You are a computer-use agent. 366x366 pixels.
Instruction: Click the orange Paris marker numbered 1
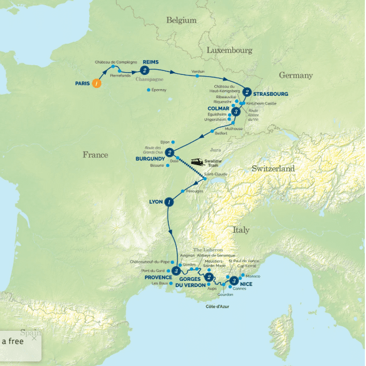[97, 83]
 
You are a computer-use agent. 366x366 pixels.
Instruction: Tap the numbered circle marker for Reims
[144, 70]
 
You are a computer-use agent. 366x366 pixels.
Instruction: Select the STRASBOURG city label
[271, 94]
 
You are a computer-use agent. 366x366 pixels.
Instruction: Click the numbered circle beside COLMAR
[236, 112]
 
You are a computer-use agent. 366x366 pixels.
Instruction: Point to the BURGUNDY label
[150, 159]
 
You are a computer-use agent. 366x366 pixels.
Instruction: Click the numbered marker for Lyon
[169, 202]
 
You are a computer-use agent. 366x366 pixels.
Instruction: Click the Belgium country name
[181, 20]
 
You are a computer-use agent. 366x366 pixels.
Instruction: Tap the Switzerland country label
[273, 169]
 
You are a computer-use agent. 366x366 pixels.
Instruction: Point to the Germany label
[296, 75]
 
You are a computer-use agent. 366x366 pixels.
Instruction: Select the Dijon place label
[165, 142]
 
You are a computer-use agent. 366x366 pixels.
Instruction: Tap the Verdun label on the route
[198, 71]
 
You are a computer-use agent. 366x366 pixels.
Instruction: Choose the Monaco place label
[253, 276]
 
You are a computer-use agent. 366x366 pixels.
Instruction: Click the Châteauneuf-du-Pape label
[149, 262]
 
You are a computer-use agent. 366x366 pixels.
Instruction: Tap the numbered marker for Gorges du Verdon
[209, 277]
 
